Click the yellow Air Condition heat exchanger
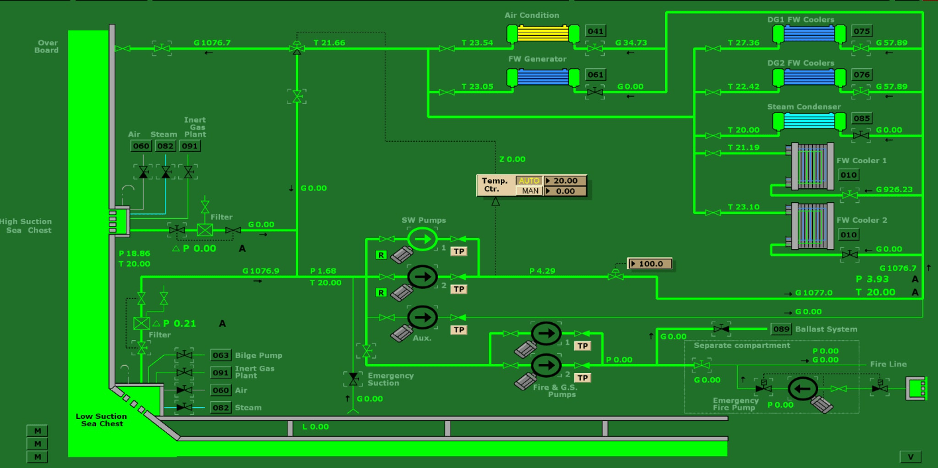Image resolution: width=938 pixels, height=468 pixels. (x=543, y=34)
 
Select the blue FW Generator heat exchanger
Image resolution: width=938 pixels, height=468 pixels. (x=543, y=78)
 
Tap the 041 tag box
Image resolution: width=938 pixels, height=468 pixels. (x=595, y=31)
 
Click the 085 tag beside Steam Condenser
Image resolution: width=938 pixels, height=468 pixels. (x=861, y=118)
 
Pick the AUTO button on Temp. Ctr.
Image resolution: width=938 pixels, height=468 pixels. (x=529, y=180)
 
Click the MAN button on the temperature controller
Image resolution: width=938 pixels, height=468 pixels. (x=530, y=191)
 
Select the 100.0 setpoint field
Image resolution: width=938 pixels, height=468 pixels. (x=650, y=264)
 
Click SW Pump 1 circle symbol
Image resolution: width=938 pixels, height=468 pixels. (x=423, y=239)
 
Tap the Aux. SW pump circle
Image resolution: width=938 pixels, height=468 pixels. (x=423, y=317)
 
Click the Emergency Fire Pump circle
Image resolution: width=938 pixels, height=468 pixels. (x=802, y=389)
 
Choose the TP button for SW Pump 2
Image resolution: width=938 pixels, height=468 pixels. (x=458, y=289)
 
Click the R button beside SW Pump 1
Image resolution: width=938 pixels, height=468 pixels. (x=381, y=255)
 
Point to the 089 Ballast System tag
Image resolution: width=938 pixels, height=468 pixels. (x=781, y=329)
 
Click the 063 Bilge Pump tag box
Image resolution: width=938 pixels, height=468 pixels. (x=221, y=355)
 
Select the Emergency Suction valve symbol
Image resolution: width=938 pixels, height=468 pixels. (x=353, y=379)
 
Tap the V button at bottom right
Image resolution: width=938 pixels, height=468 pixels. (x=910, y=457)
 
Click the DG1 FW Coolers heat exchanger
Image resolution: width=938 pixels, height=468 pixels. (x=809, y=34)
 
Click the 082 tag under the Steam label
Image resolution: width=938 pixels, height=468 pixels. (x=165, y=146)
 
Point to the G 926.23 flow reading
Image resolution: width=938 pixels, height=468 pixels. (x=894, y=190)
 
